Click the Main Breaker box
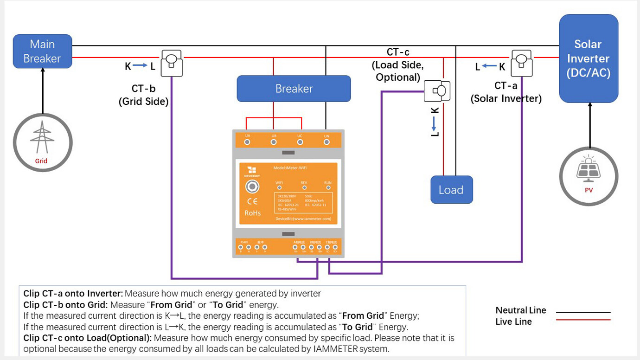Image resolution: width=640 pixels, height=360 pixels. click(42, 51)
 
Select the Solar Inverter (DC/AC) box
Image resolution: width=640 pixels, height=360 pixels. click(588, 58)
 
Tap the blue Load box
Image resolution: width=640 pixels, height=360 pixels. click(451, 190)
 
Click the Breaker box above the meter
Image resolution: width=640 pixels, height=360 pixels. click(294, 89)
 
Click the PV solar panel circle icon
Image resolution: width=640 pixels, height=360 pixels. click(589, 175)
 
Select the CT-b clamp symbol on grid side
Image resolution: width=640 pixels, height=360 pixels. click(172, 64)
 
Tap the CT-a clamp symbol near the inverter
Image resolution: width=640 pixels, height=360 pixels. click(521, 64)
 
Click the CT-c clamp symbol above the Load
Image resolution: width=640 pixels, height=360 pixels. click(437, 91)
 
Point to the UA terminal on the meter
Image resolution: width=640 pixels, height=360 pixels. click(247, 142)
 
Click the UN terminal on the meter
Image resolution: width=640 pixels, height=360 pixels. click(326, 142)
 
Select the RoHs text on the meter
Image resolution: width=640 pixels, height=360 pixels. click(252, 213)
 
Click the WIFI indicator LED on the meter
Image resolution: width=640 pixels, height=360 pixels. click(279, 188)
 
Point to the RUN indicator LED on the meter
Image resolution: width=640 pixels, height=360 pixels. click(327, 188)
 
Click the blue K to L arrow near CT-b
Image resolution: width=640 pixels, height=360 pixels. click(140, 66)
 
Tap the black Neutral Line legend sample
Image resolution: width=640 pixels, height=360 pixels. click(583, 312)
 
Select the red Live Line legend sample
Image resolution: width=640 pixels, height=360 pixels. click(583, 320)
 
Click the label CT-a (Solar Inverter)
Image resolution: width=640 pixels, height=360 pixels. click(506, 92)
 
